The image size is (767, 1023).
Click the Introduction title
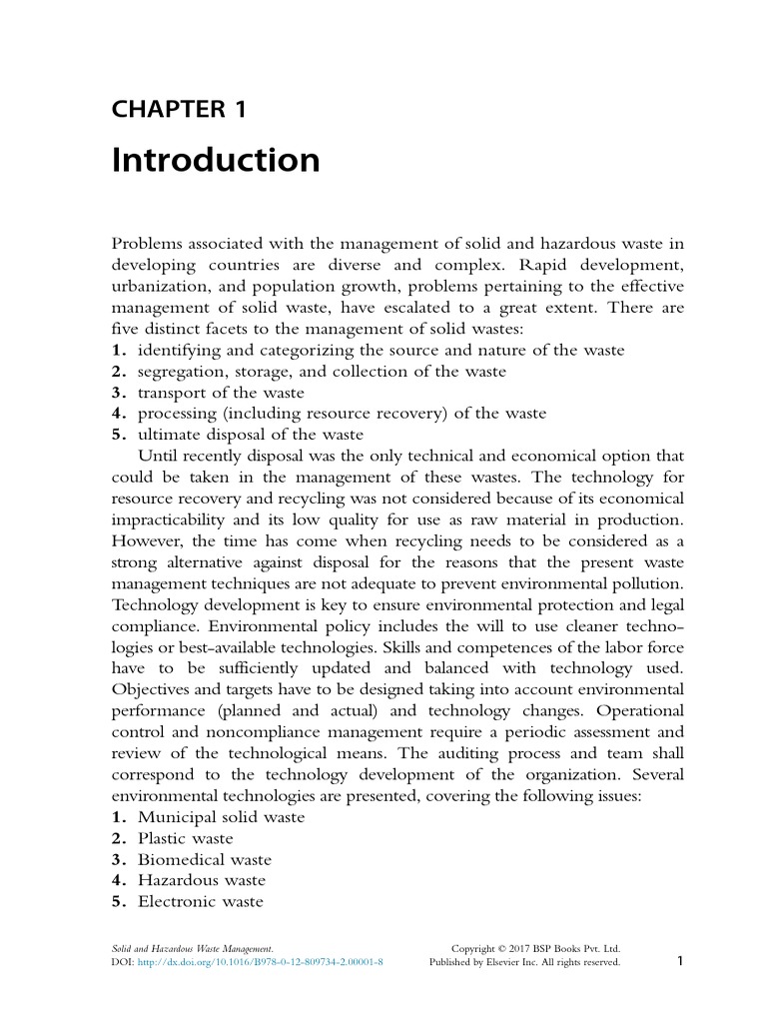216,160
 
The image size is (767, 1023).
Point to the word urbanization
158,287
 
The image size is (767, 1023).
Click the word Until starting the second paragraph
157,456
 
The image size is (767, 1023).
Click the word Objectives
151,689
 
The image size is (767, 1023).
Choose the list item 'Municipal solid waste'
221,816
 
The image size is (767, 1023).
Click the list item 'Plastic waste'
185,838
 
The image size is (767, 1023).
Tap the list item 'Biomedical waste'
204,859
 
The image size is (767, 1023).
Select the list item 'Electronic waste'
200,901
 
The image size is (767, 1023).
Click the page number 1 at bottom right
679,961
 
